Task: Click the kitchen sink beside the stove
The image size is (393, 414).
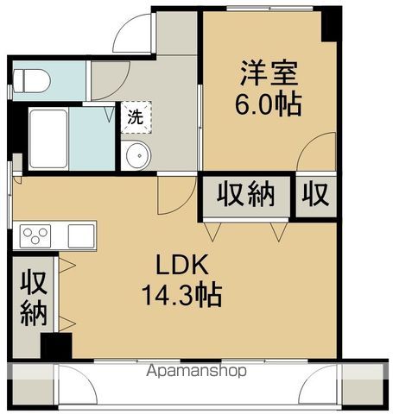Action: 80,235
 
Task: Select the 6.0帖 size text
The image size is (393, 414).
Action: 269,104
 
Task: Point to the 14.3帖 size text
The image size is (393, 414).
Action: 182,296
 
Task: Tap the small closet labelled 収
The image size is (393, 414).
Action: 316,195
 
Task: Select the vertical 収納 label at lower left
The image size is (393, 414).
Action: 33,298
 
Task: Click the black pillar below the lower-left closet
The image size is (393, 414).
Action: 57,347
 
